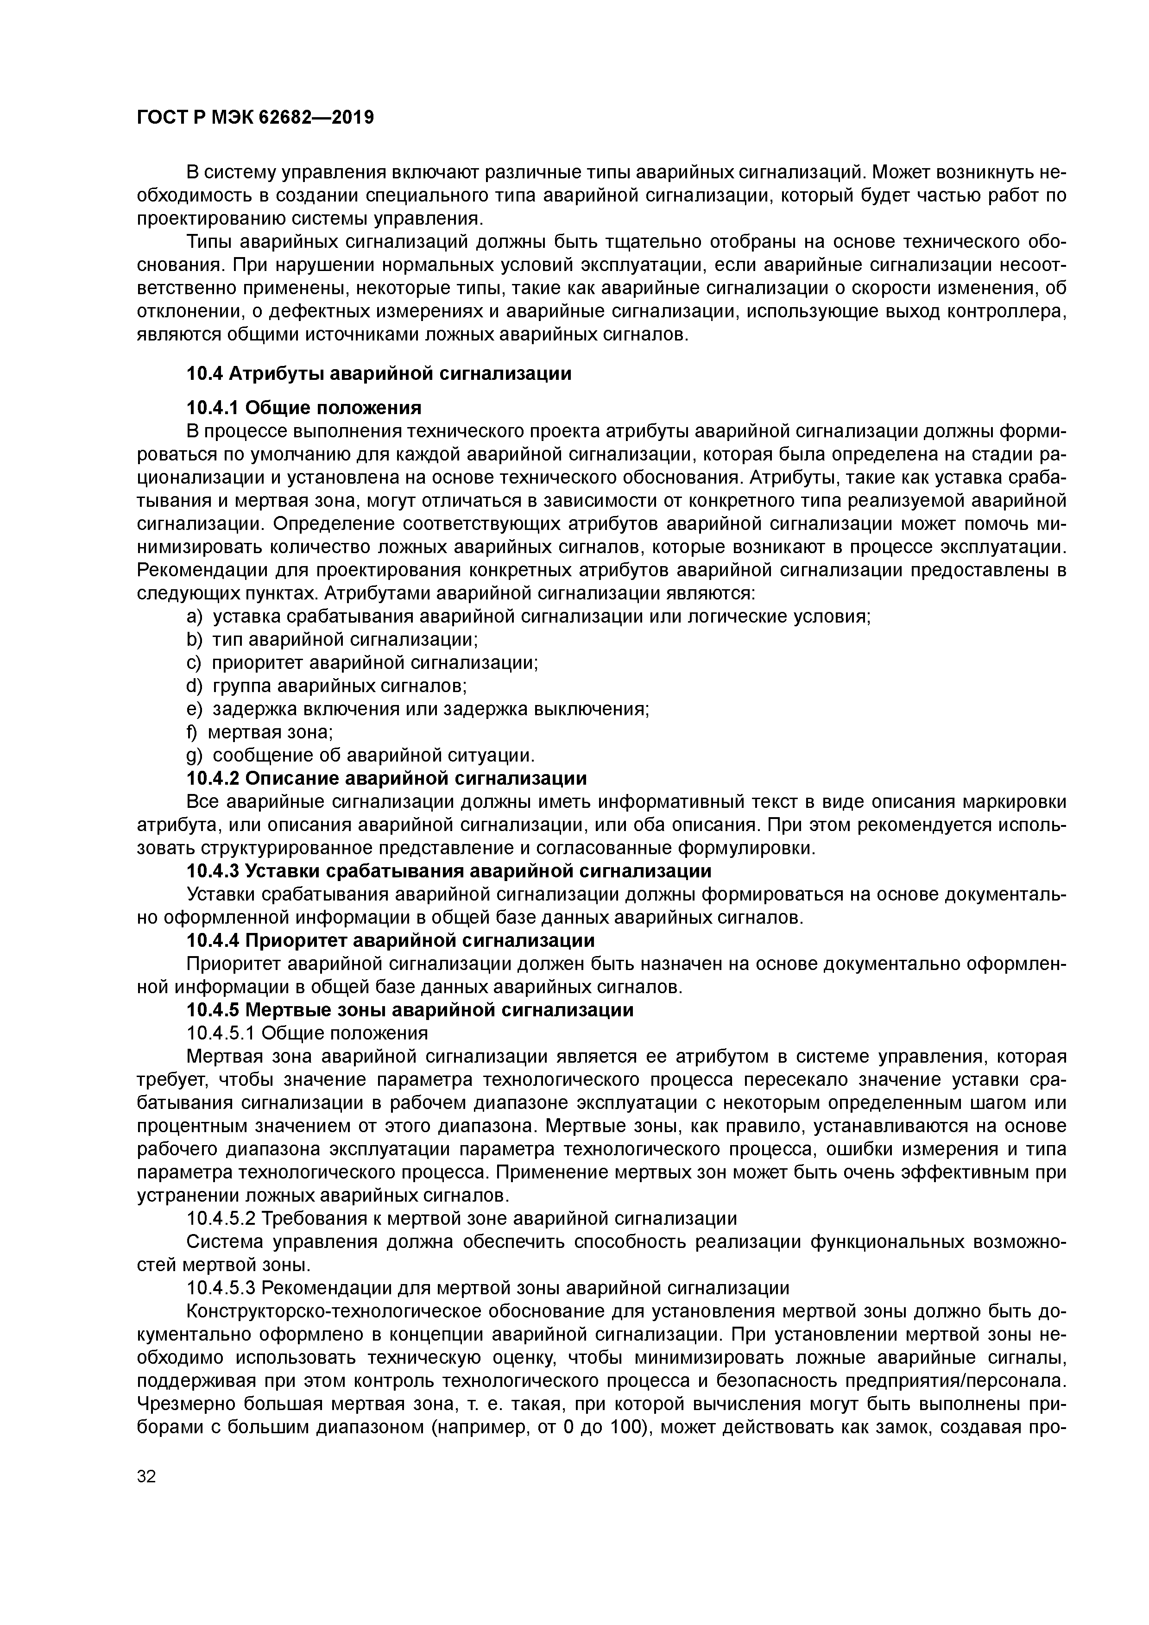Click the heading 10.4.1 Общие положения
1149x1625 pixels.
click(304, 408)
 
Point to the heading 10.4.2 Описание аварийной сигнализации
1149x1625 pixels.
click(386, 779)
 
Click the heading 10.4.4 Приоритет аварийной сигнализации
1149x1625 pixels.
click(390, 941)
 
